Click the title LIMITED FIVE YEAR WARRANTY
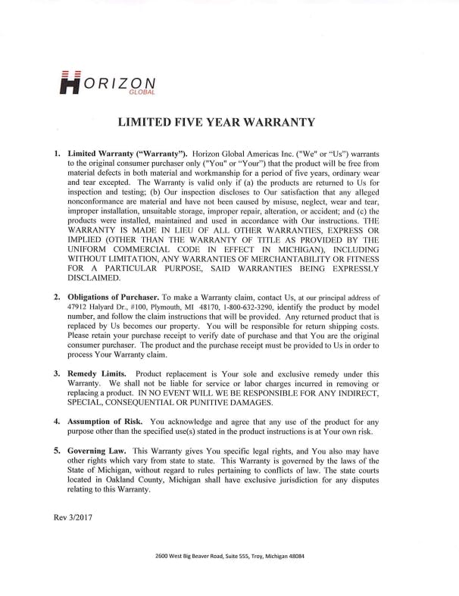click(x=229, y=122)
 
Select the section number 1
click(x=57, y=154)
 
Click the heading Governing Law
click(x=97, y=450)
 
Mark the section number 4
click(x=57, y=420)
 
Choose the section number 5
click(x=57, y=450)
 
